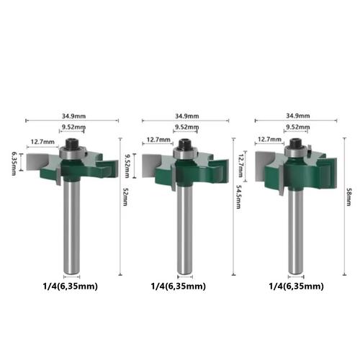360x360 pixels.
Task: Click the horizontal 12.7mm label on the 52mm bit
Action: (x=41, y=142)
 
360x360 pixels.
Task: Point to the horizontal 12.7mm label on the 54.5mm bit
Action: (x=158, y=140)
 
